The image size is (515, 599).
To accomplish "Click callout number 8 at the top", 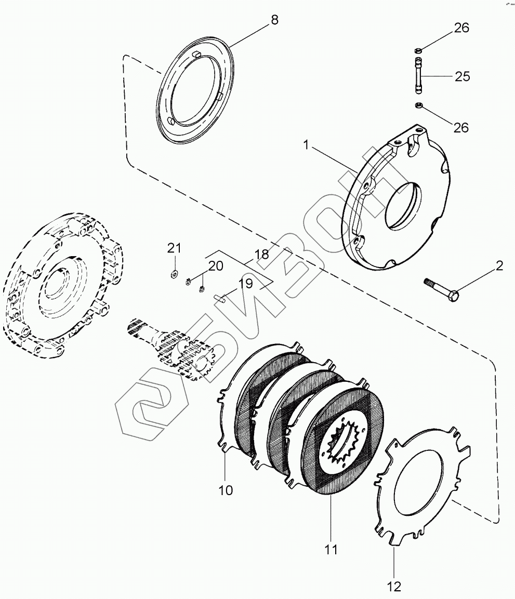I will [x=274, y=20].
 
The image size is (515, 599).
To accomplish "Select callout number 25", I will [x=462, y=77].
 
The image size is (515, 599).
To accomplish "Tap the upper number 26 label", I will [x=461, y=28].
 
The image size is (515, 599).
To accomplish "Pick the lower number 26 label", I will [x=461, y=127].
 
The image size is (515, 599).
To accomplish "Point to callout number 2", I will [x=499, y=267].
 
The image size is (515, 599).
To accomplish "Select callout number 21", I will [x=174, y=248].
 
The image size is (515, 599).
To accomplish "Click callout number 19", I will [x=245, y=284].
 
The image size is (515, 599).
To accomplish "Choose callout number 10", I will [x=226, y=489].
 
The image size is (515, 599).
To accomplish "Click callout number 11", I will [x=331, y=549].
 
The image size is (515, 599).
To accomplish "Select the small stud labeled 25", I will [x=418, y=76].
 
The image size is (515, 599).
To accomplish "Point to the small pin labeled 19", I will [x=219, y=298].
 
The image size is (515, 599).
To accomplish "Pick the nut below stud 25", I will [x=418, y=107].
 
